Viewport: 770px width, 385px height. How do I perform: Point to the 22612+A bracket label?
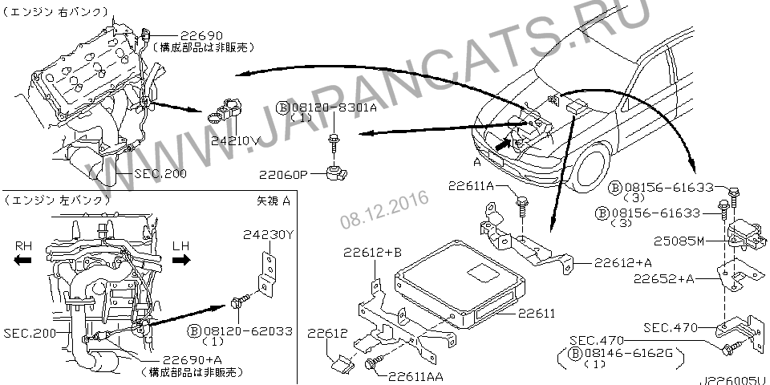point(624,262)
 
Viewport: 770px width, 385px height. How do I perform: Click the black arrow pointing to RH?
point(23,260)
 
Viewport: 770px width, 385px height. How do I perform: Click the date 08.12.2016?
point(384,206)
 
